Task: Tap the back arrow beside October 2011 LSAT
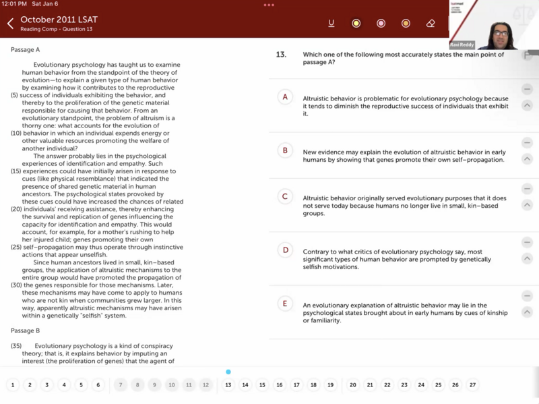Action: point(10,24)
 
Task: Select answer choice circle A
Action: point(285,97)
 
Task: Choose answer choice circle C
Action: point(285,196)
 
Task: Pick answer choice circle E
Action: point(285,304)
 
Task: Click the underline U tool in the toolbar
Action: point(331,24)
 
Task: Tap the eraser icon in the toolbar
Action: point(431,24)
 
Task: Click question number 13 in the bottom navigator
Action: point(228,385)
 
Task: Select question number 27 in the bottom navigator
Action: point(472,385)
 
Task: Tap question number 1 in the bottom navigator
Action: point(13,385)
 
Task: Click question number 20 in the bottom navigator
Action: point(353,385)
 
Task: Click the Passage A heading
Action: point(26,49)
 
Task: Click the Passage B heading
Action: point(26,330)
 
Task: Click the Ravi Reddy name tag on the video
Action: point(462,45)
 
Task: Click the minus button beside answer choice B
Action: point(527,143)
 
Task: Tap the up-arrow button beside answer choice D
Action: point(527,258)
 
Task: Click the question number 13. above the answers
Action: point(282,55)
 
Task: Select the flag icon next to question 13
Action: point(528,55)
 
